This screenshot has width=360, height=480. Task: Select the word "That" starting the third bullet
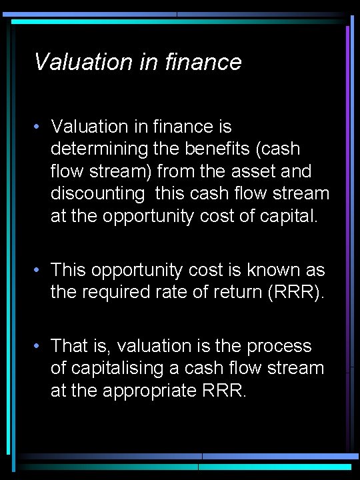pos(68,346)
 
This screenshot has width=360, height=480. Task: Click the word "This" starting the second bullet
pos(69,270)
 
